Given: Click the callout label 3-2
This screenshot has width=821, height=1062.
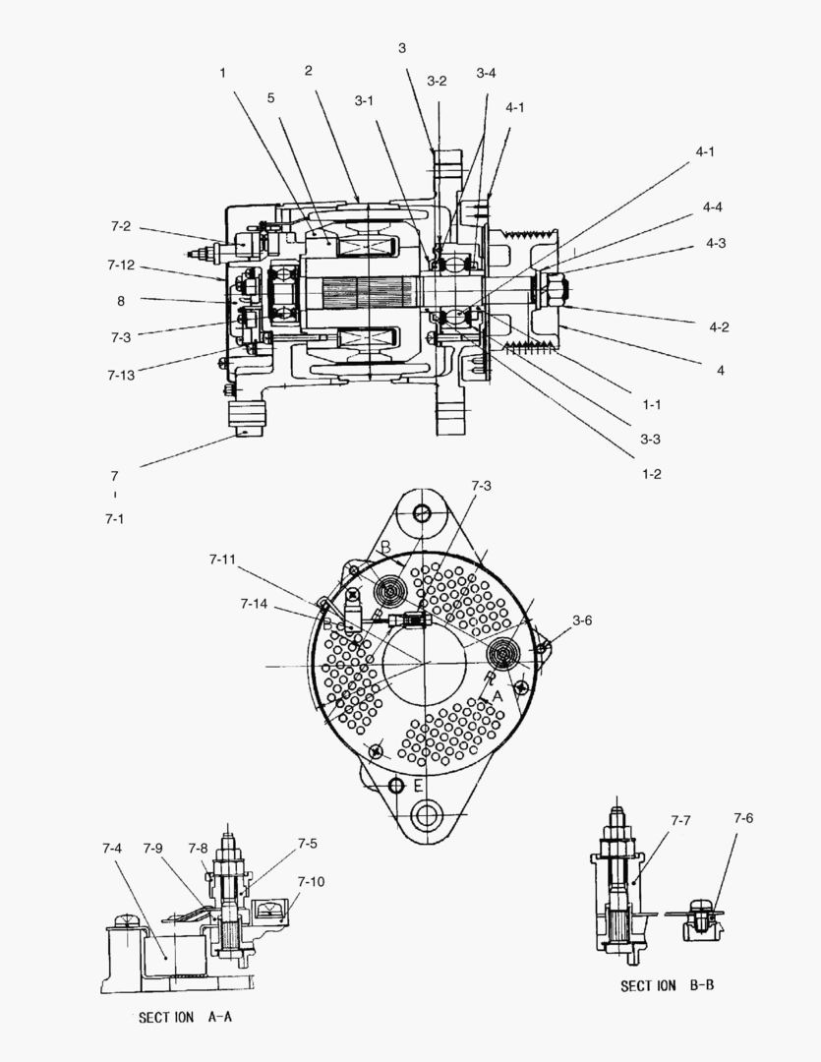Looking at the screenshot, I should [438, 81].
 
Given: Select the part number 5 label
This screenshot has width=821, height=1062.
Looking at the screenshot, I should [270, 97].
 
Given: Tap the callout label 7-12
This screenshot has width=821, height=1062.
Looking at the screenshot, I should [121, 265].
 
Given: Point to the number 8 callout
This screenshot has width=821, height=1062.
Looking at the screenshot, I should [121, 302].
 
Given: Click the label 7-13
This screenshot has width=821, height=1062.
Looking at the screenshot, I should [121, 375].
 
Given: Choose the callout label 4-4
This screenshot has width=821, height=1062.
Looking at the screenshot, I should [713, 206].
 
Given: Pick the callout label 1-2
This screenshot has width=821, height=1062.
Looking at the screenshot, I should [651, 473].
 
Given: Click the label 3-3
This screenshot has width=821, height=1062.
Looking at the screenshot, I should [651, 439].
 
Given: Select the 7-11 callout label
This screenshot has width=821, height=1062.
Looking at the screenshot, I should [222, 560].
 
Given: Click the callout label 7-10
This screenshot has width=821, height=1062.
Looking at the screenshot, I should [311, 881].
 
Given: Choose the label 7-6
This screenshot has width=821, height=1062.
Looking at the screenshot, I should [743, 818].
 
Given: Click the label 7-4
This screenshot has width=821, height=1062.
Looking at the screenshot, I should [112, 848].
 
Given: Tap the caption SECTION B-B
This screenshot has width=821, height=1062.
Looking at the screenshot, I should [667, 985].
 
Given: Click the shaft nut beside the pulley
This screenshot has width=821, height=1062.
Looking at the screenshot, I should [547, 289].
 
